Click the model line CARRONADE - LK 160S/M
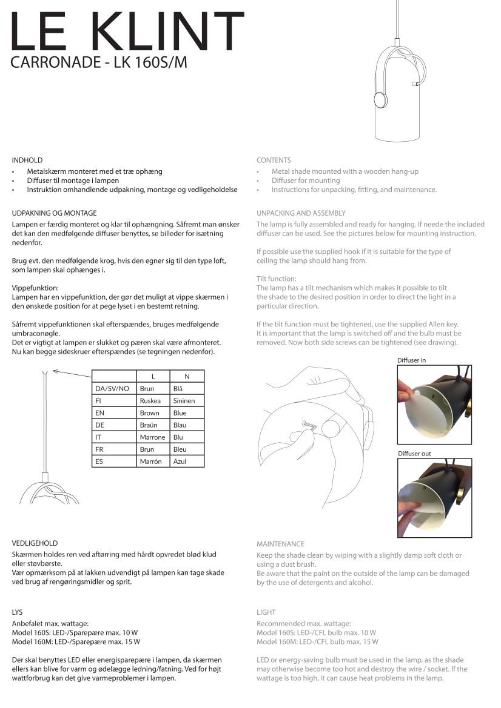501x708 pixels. pos(99,62)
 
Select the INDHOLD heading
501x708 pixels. pos(27,160)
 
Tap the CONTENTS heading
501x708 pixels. pos(274,160)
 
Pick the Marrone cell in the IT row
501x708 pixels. pos(152,437)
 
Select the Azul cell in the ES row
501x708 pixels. pos(180,462)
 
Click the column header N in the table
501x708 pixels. pos(187,377)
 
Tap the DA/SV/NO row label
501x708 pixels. pos(112,389)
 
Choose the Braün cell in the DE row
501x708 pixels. pos(149,425)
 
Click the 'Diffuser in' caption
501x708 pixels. pos(411,360)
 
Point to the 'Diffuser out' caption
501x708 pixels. pos(414,454)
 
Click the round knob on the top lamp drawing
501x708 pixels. pos(380,100)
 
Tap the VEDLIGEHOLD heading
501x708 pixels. pos(35,543)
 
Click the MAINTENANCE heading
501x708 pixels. pos(280,544)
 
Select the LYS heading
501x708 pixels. pos(17,612)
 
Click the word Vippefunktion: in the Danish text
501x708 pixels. pos(35,288)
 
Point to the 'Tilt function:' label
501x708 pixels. pos(277,279)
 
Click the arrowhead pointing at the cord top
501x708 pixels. pos(55,370)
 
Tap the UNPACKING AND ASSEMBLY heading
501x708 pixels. pos(301,213)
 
